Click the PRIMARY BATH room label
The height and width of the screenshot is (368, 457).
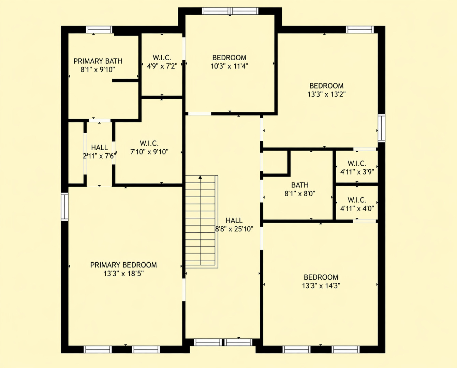(x=98, y=61)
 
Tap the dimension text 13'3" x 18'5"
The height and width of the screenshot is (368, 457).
(x=123, y=274)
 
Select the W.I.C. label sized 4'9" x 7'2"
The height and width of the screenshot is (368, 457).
(x=162, y=58)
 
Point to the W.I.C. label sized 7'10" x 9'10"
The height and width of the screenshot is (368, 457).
(x=149, y=143)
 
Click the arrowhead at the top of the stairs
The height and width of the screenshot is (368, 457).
(x=200, y=177)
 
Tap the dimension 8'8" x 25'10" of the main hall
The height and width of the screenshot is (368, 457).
(x=234, y=229)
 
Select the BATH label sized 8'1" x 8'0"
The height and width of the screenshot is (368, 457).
(x=300, y=185)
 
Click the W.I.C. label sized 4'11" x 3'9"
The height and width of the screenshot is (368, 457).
(x=357, y=164)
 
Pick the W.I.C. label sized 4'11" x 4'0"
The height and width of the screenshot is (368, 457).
(x=357, y=200)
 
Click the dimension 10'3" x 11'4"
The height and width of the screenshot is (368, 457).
(x=229, y=66)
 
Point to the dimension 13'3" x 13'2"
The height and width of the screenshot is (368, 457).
(x=326, y=94)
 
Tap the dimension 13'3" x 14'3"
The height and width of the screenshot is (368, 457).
(x=321, y=286)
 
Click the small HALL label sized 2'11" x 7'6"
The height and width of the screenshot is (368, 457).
(x=99, y=148)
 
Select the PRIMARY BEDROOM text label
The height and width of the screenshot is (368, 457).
(x=123, y=265)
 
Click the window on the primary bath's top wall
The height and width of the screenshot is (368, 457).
(x=99, y=30)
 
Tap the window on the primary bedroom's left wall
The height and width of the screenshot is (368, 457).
(x=64, y=206)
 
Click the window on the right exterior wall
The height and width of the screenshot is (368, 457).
(x=381, y=128)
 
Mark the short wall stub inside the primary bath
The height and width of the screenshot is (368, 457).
(x=125, y=81)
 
